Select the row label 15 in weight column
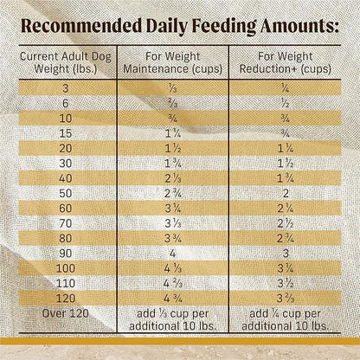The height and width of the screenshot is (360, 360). pyautogui.click(x=60, y=135)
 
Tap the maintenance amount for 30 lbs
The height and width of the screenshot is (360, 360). pyautogui.click(x=172, y=164)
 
